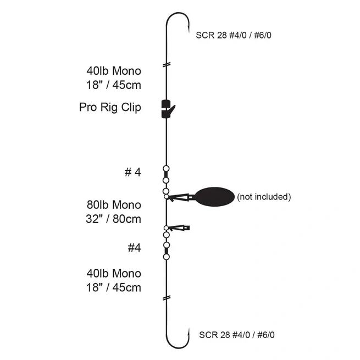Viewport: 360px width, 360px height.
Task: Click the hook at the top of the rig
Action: (178, 23)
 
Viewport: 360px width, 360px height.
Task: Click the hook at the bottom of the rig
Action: (178, 337)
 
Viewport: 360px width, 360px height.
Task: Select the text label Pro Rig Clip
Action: (110, 107)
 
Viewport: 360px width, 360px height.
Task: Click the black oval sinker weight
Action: (214, 197)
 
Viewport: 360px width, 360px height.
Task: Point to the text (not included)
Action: (264, 197)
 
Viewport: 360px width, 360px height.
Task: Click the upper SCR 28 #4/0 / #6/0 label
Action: (234, 35)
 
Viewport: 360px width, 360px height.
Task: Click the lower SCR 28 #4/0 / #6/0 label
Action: (237, 335)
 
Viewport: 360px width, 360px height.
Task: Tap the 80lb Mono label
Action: (114, 205)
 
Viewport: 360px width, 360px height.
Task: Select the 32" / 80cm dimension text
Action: (113, 219)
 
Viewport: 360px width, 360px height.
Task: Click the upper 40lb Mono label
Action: (114, 71)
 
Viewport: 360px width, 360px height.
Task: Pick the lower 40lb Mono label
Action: (114, 274)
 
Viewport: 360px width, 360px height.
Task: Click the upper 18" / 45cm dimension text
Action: (114, 85)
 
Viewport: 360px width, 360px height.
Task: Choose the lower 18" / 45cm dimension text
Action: (114, 287)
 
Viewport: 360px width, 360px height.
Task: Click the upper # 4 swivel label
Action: (132, 172)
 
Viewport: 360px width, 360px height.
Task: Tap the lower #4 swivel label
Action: (134, 248)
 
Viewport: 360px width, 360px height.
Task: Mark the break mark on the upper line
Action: (167, 65)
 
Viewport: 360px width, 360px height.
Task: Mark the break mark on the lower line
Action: (167, 298)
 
